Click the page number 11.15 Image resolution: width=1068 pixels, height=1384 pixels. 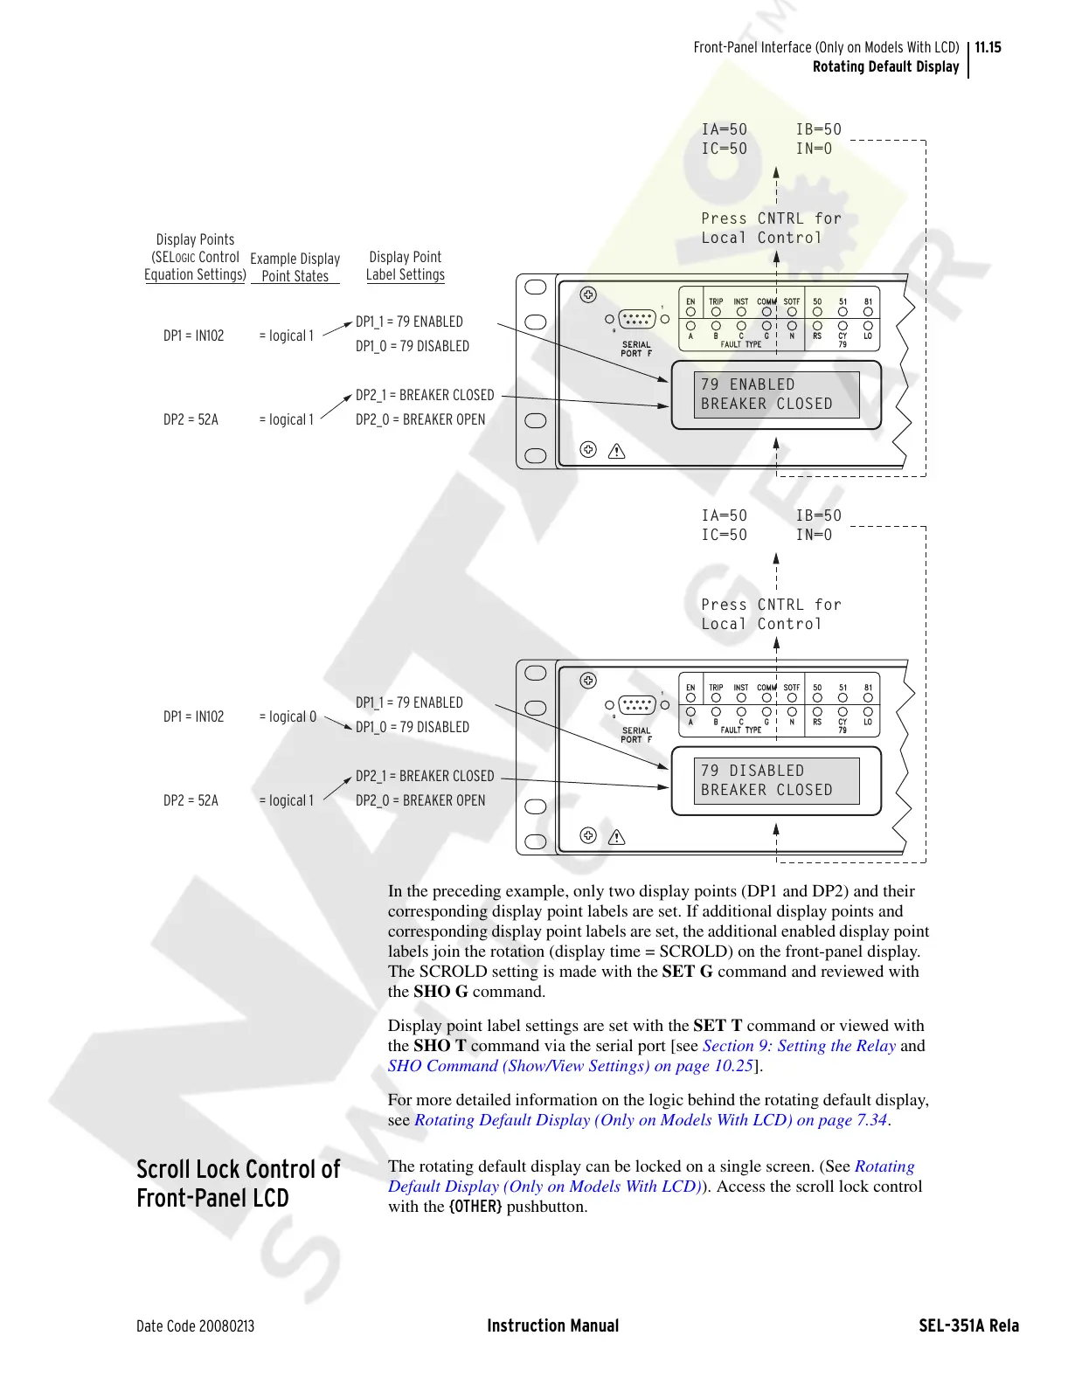coord(988,47)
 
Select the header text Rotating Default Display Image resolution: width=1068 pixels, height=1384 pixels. coord(885,66)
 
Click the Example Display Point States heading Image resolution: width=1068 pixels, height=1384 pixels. coord(295,267)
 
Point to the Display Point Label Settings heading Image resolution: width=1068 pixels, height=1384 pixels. coord(405,266)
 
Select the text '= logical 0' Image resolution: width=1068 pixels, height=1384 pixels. coord(288,716)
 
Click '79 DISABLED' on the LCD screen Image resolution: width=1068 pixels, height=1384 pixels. coord(752,771)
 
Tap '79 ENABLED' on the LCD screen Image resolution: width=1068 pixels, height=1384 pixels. coord(748,384)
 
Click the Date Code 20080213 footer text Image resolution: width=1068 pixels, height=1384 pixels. coord(195,1325)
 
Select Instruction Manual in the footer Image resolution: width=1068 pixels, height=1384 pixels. coord(552,1325)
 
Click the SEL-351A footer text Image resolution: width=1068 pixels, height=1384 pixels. coord(968,1325)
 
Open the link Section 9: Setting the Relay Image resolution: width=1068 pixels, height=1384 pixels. coord(799,1046)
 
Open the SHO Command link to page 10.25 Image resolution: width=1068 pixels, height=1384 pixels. coord(571,1066)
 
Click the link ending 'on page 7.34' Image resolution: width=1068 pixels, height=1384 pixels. coord(651,1120)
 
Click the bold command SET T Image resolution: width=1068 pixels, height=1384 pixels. coord(718,1026)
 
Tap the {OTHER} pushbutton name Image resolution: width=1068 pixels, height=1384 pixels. coord(475,1207)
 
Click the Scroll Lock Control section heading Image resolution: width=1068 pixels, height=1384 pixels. coord(238,1183)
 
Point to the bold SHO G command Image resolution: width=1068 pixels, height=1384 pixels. coord(440,992)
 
